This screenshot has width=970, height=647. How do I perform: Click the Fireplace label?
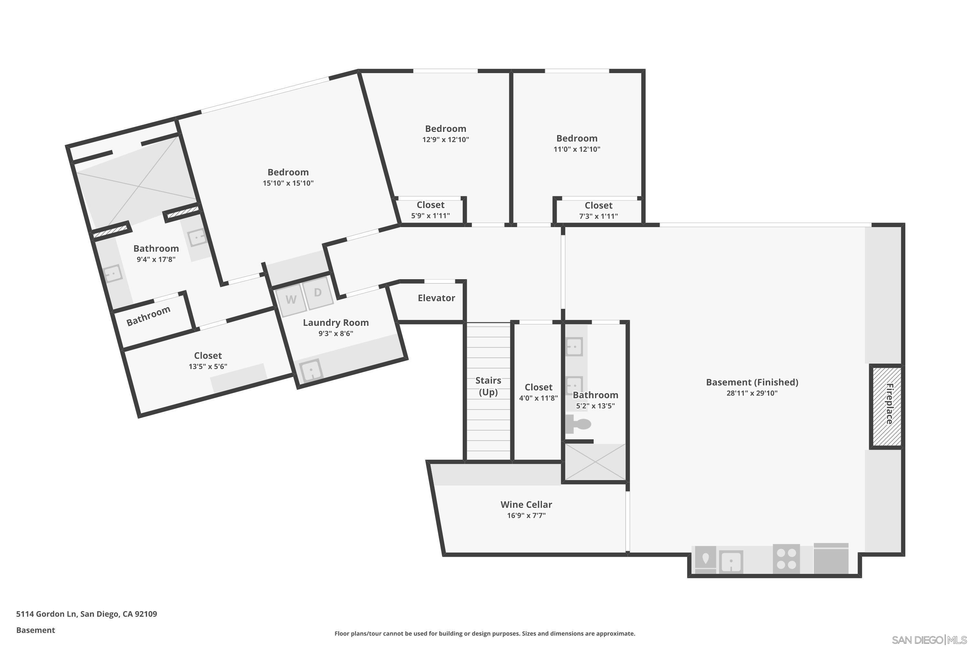click(x=890, y=404)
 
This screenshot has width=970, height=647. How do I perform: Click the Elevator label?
click(x=436, y=298)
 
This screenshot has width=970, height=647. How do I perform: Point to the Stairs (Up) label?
click(x=488, y=386)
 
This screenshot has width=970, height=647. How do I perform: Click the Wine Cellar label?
click(x=526, y=504)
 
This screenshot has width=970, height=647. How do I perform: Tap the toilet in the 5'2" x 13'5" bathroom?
click(x=578, y=424)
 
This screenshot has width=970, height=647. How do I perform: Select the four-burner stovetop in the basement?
click(x=786, y=559)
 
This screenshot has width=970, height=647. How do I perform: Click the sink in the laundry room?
click(x=311, y=370)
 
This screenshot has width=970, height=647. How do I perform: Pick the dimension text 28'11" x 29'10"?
click(x=752, y=393)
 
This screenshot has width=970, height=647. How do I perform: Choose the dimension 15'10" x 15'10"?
click(x=288, y=183)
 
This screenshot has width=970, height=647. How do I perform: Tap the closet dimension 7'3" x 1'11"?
click(x=598, y=216)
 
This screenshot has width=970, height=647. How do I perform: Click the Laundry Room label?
click(x=336, y=323)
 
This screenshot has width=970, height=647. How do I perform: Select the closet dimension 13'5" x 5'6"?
click(x=208, y=367)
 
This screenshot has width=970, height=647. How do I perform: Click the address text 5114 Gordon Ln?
click(x=46, y=614)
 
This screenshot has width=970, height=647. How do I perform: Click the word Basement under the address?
click(x=36, y=630)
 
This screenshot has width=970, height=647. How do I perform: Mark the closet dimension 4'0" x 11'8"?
click(x=538, y=398)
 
